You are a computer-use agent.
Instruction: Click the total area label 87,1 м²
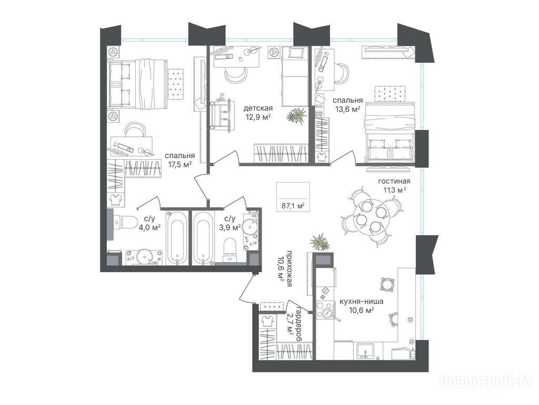293,206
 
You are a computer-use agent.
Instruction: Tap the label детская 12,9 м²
258,113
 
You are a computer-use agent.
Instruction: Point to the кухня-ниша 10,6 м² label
361,306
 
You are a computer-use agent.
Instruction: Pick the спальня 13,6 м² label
347,104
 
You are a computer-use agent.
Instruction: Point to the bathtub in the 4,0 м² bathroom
177,238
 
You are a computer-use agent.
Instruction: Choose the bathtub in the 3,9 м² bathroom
204,238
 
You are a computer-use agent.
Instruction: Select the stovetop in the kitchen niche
324,310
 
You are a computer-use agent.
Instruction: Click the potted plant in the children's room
296,115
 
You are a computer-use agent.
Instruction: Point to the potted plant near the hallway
320,242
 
